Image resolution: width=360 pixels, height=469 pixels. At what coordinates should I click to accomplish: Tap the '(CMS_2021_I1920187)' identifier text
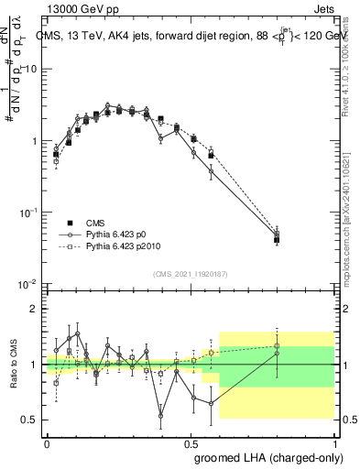tap(192, 273)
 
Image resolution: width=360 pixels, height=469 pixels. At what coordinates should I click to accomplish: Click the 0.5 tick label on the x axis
tap(191, 442)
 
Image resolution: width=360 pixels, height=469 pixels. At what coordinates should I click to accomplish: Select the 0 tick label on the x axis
tap(47, 442)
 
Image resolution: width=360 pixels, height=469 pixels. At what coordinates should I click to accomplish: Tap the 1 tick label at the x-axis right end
tap(335, 442)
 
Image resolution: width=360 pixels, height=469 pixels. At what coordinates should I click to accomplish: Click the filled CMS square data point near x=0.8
tap(277, 240)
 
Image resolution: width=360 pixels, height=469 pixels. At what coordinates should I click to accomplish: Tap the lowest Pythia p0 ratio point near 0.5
tap(161, 415)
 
